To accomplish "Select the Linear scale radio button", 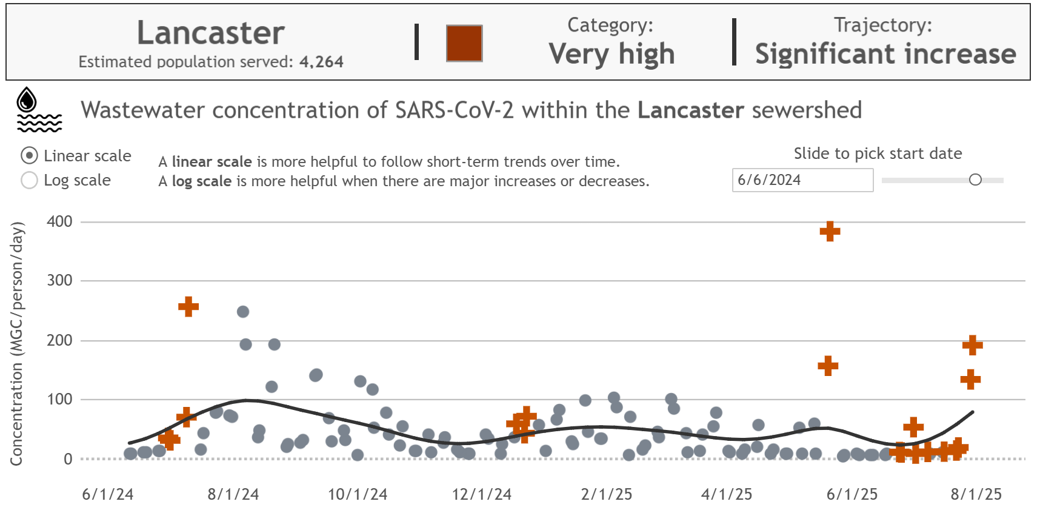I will tap(29, 156).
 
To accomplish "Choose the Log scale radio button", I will tap(29, 180).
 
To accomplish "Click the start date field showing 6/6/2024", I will tap(802, 180).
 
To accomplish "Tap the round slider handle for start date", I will tap(975, 180).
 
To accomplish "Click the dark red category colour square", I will tap(464, 43).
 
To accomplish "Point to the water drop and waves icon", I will tap(38, 110).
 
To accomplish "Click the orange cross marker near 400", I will tap(830, 231).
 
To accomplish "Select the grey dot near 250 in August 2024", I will tap(243, 312).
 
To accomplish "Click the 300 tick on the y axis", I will tap(59, 280).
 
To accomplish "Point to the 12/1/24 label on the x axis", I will tap(482, 494).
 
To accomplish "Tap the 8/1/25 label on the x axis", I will tap(976, 494).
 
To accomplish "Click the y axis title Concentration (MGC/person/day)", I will tap(17, 343).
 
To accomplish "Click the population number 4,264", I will tap(321, 62).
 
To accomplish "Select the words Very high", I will tap(612, 54).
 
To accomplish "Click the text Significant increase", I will tap(885, 54).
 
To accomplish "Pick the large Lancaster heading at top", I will tap(211, 33).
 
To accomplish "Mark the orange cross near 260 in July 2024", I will tap(188, 306).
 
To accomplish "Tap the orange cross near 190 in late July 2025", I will tap(972, 345).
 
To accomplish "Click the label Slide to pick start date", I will tap(878, 153).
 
